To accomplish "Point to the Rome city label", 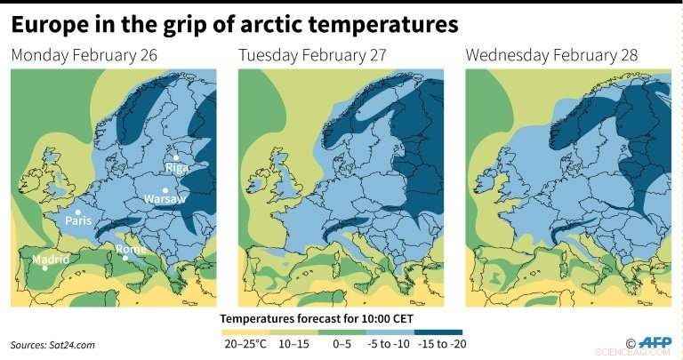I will coord(131,250).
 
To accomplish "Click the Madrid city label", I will coord(49,260).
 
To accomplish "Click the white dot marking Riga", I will coord(176,157).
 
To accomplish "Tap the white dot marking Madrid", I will coord(45,268).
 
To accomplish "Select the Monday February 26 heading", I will coord(84,56).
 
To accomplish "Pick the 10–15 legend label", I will coord(296,341).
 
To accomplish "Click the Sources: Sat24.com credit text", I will coord(52,344).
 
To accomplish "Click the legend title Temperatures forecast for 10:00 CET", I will coord(321,317).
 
